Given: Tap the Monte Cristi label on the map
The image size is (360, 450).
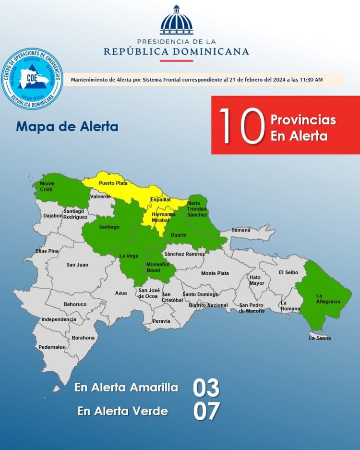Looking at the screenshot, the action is tap(47, 186).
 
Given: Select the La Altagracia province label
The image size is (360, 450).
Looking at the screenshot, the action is tap(328, 298).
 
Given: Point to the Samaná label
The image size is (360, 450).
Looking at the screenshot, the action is tap(241, 230).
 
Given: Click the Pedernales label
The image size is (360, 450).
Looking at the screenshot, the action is tap(51, 347).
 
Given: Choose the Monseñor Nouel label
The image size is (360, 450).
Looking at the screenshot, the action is tap(158, 268).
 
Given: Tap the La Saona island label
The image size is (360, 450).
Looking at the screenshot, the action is tap(320, 338).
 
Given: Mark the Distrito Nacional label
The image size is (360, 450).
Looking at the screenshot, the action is tap(208, 305).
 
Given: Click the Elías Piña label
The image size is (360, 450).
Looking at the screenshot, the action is tap(47, 251).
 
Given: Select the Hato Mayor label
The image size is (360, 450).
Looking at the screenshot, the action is tap(257, 280).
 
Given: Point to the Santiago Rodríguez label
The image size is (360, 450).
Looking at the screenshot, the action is tap(75, 214).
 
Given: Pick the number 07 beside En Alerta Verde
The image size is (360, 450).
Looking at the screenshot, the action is tap(206, 411).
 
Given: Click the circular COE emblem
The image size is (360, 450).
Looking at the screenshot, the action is tap(32, 78).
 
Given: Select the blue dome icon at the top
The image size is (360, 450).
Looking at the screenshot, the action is tap(176, 20).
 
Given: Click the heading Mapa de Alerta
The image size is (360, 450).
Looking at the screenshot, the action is tap(67, 127).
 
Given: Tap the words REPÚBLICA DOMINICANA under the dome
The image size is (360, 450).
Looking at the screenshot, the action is tap(176, 51).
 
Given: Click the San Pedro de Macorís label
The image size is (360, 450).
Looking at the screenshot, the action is tap(252, 308).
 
